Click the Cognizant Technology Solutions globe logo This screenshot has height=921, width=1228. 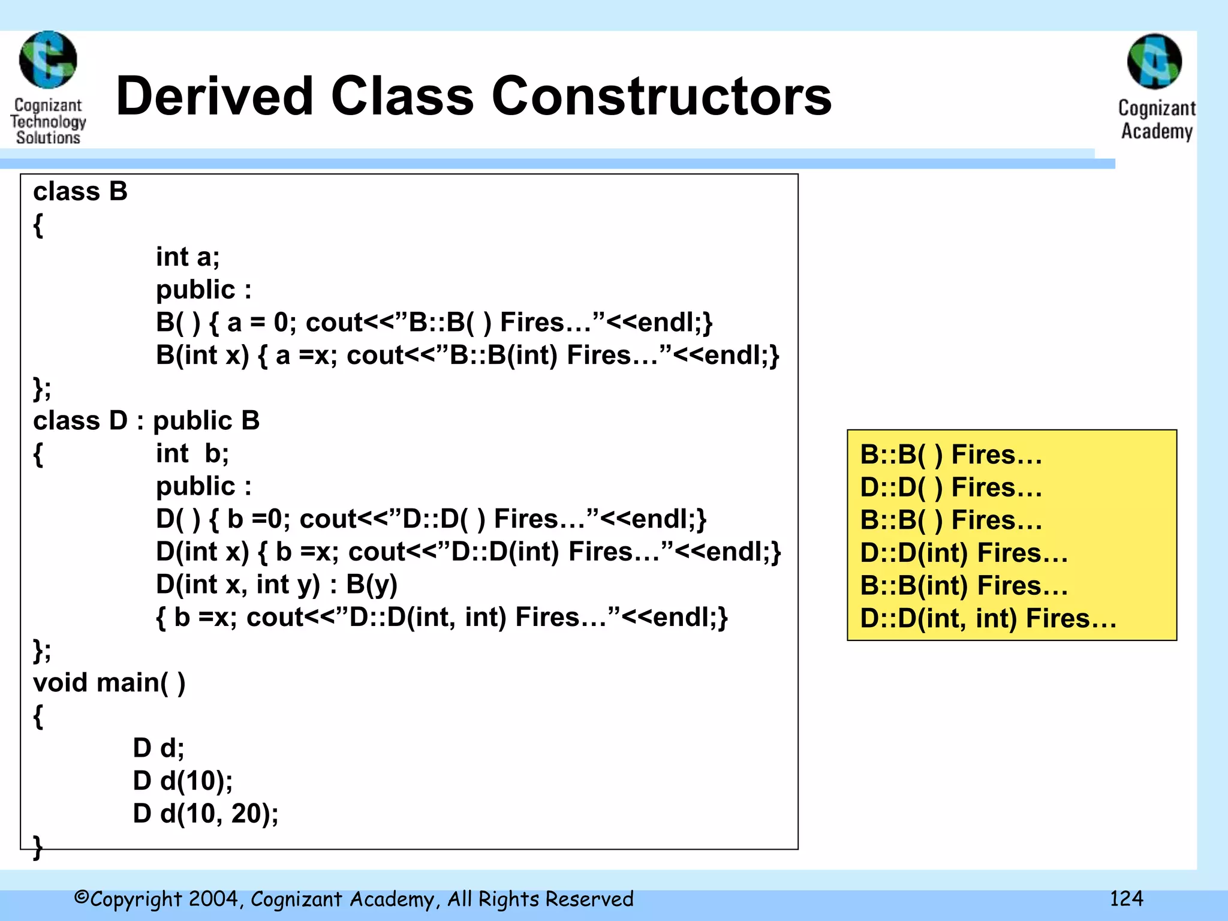[48, 60]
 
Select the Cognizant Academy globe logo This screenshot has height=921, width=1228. [1154, 61]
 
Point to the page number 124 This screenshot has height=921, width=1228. [1126, 898]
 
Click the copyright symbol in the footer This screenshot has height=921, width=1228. [81, 898]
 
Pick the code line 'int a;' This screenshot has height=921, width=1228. [188, 257]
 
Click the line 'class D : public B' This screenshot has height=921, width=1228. [146, 420]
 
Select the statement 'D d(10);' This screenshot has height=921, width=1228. [182, 781]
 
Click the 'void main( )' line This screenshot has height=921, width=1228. [109, 682]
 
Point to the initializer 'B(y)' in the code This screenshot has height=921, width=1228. [372, 585]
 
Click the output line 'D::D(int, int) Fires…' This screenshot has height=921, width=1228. [988, 618]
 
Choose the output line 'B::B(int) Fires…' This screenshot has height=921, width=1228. [964, 586]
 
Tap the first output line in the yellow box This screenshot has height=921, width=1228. [951, 455]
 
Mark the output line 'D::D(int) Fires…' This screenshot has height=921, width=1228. [964, 553]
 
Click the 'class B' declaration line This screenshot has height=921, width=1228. [80, 192]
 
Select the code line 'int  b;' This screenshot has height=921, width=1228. [192, 453]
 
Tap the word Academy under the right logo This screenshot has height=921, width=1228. [1157, 131]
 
